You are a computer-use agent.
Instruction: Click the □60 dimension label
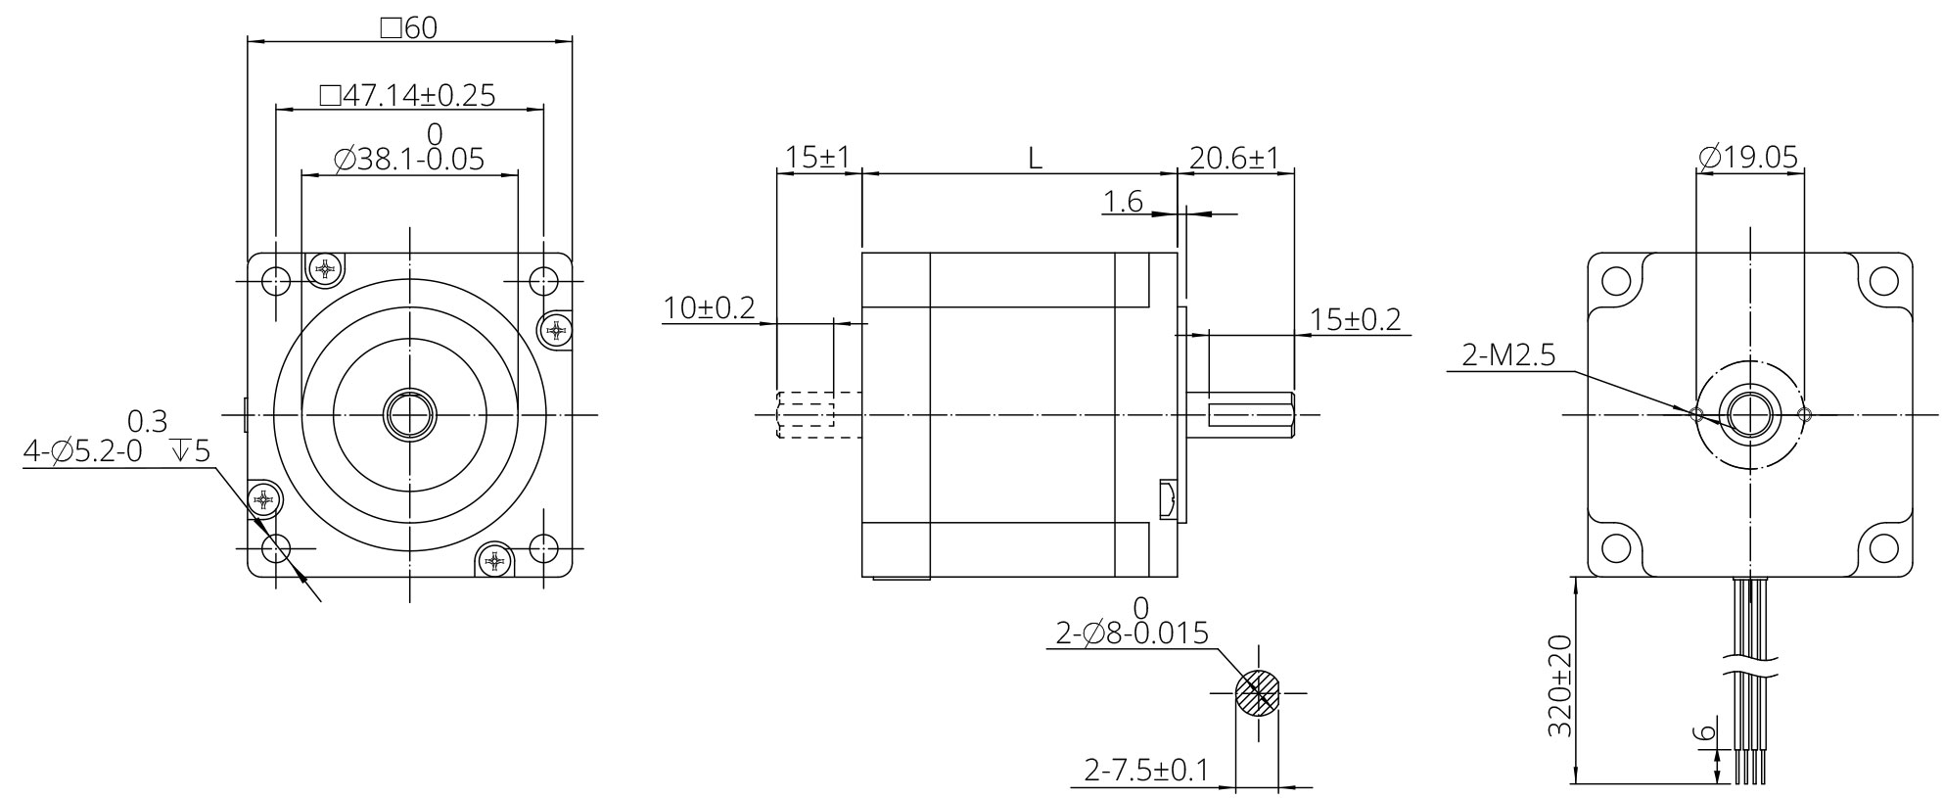point(408,27)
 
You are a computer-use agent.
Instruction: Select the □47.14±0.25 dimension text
point(408,95)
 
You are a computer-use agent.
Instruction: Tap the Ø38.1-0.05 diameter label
point(408,159)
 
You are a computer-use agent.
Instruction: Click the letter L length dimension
point(1035,158)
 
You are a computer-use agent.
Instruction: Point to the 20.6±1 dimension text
point(1234,158)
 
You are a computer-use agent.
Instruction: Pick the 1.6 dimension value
point(1123,202)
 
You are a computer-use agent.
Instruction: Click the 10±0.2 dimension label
point(709,308)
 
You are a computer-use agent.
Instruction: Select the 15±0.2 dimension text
point(1356,319)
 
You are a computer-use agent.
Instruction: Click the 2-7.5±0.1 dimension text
point(1145,772)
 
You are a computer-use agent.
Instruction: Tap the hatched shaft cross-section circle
point(1257,693)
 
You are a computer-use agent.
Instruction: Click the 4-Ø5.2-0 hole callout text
point(83,452)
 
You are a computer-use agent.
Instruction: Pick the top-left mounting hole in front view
point(276,282)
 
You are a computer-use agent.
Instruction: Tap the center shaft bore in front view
point(408,415)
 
